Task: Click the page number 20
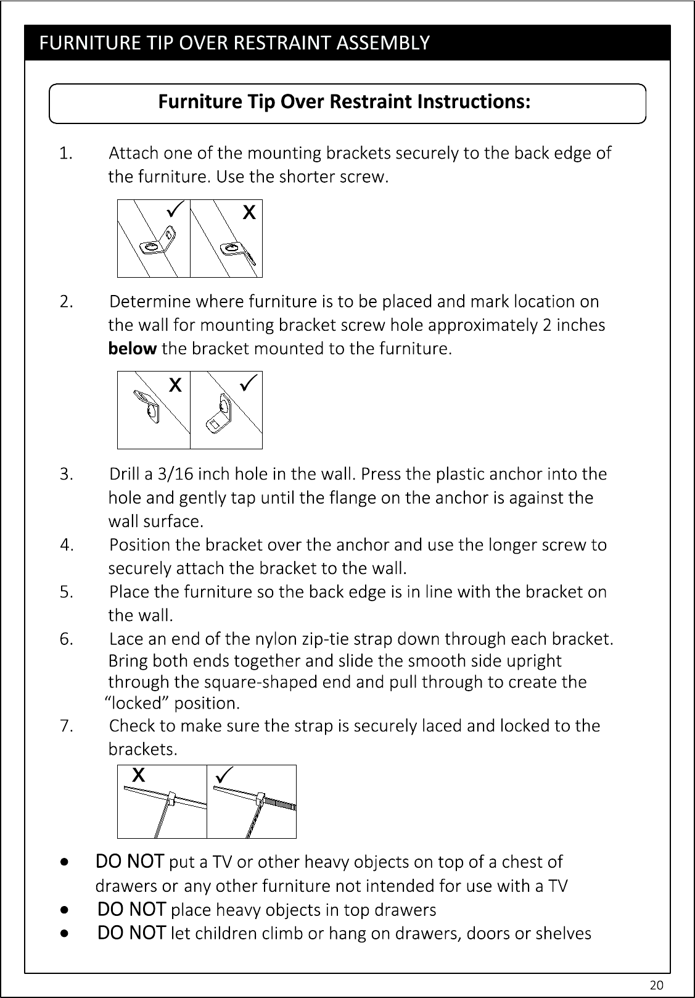pos(657,984)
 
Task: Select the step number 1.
pos(66,153)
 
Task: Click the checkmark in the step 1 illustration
pos(175,209)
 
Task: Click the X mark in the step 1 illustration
pos(249,212)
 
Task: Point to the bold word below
pos(132,349)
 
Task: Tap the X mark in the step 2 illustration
pos(175,385)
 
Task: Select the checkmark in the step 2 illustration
pos(249,382)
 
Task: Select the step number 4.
pos(67,545)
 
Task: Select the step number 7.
pos(67,726)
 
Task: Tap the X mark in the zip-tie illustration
pos(139,775)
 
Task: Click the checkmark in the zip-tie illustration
pos(224,775)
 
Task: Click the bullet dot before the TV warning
pos(65,862)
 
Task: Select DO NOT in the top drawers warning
pos(132,909)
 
